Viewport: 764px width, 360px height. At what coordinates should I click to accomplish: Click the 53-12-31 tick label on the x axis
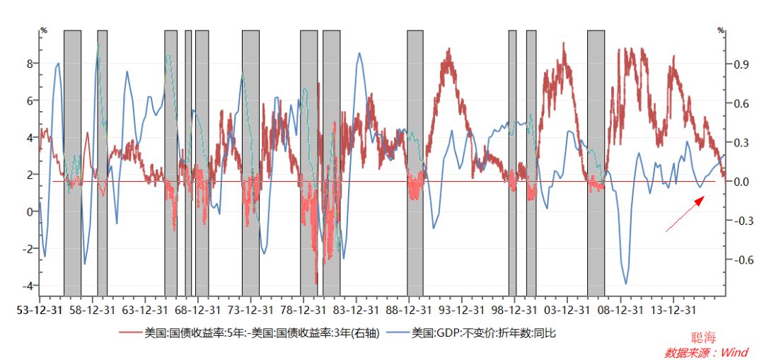[x=39, y=309]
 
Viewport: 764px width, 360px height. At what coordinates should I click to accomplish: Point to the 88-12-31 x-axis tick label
[x=409, y=309]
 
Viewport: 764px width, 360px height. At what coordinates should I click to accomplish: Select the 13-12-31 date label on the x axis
[x=673, y=309]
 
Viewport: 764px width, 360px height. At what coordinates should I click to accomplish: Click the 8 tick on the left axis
[x=30, y=64]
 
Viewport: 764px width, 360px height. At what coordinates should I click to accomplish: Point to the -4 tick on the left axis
[x=28, y=286]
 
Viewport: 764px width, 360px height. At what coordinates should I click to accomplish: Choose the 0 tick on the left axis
[x=30, y=211]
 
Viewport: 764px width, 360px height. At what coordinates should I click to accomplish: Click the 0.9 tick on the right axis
[x=741, y=64]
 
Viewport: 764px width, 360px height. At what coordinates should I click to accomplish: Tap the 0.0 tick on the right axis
[x=741, y=182]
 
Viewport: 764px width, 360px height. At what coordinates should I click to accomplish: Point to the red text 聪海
[x=705, y=339]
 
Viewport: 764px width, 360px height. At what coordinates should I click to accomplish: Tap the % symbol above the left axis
[x=44, y=30]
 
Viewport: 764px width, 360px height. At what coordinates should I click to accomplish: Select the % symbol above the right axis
[x=721, y=30]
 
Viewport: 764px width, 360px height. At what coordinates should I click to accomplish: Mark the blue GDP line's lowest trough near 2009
[x=625, y=284]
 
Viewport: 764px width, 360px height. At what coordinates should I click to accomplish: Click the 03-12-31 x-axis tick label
[x=567, y=309]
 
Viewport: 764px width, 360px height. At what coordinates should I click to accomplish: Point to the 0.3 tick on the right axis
[x=741, y=143]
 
